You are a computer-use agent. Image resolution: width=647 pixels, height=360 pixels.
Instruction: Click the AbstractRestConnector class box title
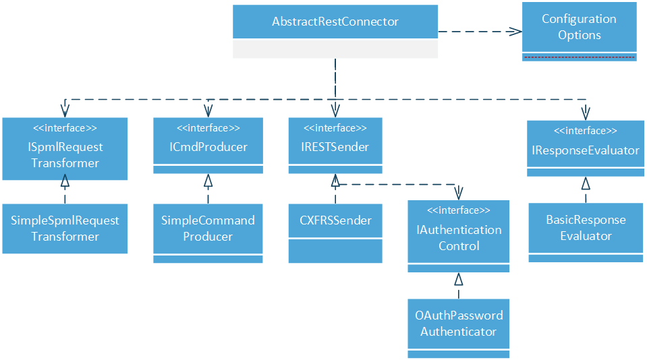point(335,22)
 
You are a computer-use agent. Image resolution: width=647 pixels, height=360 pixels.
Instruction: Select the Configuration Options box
point(579,28)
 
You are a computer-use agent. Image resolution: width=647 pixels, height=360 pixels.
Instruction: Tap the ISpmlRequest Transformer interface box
point(65,154)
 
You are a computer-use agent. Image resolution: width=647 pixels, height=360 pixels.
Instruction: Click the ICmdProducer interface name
point(208,147)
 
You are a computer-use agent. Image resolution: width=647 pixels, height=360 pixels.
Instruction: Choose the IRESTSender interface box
point(335,146)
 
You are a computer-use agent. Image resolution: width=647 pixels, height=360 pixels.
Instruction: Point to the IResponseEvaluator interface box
point(585,150)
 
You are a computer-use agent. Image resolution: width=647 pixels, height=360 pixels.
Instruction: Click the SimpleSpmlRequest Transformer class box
point(65,229)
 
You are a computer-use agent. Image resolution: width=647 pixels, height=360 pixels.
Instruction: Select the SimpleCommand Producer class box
point(208,229)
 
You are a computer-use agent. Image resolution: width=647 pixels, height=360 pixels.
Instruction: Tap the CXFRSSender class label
point(335,220)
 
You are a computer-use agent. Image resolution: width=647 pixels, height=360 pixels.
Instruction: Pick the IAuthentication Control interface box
point(459,237)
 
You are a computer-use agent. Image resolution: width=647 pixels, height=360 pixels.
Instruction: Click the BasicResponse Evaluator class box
point(585,229)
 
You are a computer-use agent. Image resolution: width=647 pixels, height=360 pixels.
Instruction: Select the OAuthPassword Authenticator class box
point(459,324)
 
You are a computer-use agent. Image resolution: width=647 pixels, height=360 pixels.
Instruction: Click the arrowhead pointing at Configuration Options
point(515,31)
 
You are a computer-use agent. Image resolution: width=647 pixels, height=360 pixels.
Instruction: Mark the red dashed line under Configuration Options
point(579,58)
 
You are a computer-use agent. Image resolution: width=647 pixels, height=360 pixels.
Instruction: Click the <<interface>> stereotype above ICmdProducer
point(208,128)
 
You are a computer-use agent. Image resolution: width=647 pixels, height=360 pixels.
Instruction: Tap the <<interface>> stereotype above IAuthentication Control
point(459,210)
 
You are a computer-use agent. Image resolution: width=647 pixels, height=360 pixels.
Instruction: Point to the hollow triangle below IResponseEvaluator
point(586,183)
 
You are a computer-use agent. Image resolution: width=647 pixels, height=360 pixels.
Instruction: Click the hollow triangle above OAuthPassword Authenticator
point(459,279)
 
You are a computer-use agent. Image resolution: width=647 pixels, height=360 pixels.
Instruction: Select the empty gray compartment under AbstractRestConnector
point(335,49)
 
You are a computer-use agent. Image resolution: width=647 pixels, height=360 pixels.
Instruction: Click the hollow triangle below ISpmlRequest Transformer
point(65,179)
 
